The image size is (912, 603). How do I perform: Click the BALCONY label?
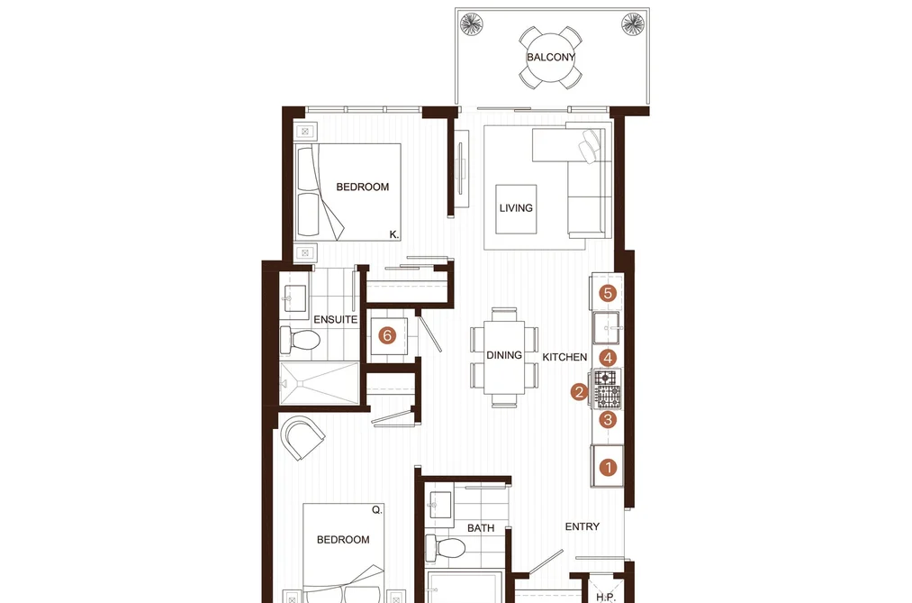550,57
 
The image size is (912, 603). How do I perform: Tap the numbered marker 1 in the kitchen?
609,467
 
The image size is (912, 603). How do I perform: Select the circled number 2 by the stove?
579,392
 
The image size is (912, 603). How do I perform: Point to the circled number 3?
609,419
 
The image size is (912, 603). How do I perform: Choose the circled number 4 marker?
608,357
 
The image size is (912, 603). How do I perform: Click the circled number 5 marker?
608,293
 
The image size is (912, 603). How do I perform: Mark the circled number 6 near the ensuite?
387,335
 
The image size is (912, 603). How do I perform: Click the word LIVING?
516,208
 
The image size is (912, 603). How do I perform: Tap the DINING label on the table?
503,355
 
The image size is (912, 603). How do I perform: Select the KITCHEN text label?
564,357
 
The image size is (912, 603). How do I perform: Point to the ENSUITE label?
336,320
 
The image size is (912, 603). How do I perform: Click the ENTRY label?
582,526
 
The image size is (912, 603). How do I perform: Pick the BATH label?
481,528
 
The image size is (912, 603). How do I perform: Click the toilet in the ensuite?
300,339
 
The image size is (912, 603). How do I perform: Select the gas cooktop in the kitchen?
607,389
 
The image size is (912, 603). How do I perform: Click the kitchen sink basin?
606,328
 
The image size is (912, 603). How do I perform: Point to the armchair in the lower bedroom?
302,438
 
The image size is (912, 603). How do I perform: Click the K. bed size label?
393,234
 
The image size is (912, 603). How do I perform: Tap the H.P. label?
606,598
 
